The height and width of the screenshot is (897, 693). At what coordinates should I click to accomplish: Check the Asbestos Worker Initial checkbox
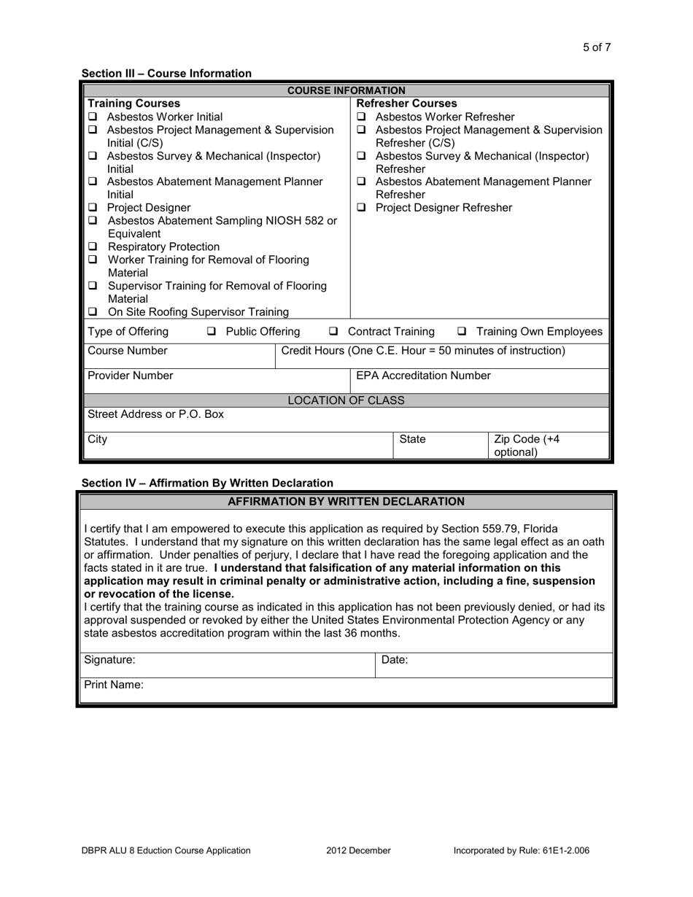point(93,117)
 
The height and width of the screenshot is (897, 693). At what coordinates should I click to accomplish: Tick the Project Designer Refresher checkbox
point(361,208)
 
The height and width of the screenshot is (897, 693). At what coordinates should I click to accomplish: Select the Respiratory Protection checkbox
point(93,247)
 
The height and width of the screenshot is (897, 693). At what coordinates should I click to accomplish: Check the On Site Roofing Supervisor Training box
point(93,312)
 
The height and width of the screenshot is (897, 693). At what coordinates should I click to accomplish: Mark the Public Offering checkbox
point(212,332)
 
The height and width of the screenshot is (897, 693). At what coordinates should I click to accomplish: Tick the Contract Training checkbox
point(333,332)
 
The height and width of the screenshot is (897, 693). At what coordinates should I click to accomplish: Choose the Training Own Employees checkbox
point(462,332)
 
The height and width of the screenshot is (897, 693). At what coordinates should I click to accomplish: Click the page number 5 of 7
point(596,47)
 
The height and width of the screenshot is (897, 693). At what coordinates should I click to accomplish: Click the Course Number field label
point(127,351)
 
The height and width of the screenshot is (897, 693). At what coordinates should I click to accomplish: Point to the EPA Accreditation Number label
point(423,376)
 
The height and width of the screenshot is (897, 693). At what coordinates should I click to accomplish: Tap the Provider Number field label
point(130,376)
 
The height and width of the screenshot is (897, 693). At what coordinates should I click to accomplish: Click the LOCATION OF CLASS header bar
point(346,400)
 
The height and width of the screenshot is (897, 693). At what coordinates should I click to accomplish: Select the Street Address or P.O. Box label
point(155,414)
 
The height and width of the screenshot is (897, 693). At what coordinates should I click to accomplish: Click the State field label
point(412,439)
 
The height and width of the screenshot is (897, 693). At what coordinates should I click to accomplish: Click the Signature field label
point(109,659)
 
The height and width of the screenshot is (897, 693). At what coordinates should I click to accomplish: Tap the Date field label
point(395,659)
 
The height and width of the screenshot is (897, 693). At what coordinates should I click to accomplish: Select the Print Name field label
point(114,685)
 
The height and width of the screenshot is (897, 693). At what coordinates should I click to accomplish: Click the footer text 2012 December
point(358,850)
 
